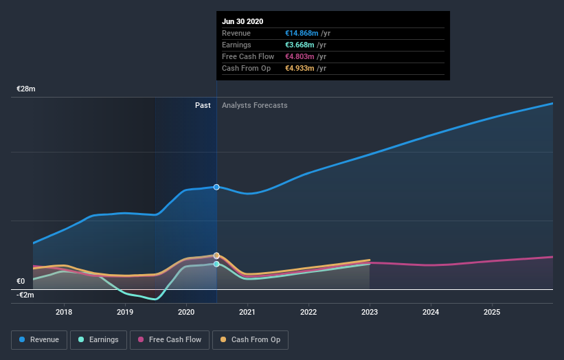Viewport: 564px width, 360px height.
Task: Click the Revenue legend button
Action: (x=40, y=339)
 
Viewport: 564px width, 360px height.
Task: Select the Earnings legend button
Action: (x=98, y=339)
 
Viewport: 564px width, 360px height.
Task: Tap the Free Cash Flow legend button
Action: (x=170, y=339)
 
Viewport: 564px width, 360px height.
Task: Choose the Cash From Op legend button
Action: (x=251, y=339)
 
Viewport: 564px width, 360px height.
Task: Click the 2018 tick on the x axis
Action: (x=65, y=313)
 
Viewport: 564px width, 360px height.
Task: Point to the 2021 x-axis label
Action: (x=247, y=313)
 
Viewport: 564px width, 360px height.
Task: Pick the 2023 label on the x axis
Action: (x=370, y=313)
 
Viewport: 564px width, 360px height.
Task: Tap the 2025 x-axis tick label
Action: (x=492, y=313)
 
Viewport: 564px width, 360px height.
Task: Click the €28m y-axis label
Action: (x=26, y=89)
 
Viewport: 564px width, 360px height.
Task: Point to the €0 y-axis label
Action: (x=21, y=281)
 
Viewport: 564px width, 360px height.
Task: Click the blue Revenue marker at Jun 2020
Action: (x=216, y=187)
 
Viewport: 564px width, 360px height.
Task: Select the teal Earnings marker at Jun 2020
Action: (x=216, y=264)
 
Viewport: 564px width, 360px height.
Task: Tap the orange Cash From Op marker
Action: (x=216, y=256)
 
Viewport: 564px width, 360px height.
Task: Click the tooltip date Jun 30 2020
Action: (x=242, y=21)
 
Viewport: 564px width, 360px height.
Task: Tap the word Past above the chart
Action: (x=203, y=105)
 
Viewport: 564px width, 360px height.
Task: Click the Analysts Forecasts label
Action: (x=255, y=105)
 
